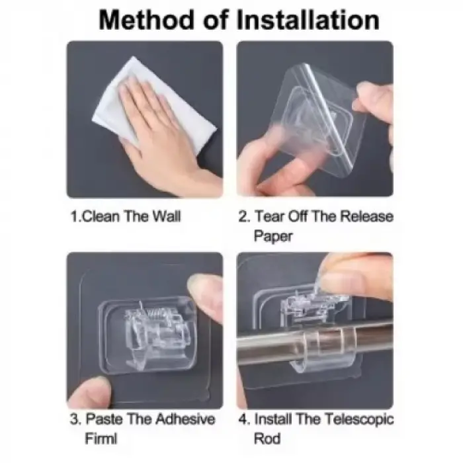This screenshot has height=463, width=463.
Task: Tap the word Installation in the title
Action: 308,21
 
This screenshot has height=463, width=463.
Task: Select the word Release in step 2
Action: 366,216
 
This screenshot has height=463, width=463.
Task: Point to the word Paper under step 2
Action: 273,236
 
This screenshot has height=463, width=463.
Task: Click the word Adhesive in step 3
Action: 185,419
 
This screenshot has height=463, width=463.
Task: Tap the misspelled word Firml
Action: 101,439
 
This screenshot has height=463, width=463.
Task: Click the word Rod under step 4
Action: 267,439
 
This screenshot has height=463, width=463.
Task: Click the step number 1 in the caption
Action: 74,216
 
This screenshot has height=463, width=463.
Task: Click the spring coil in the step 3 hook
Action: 155,312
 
